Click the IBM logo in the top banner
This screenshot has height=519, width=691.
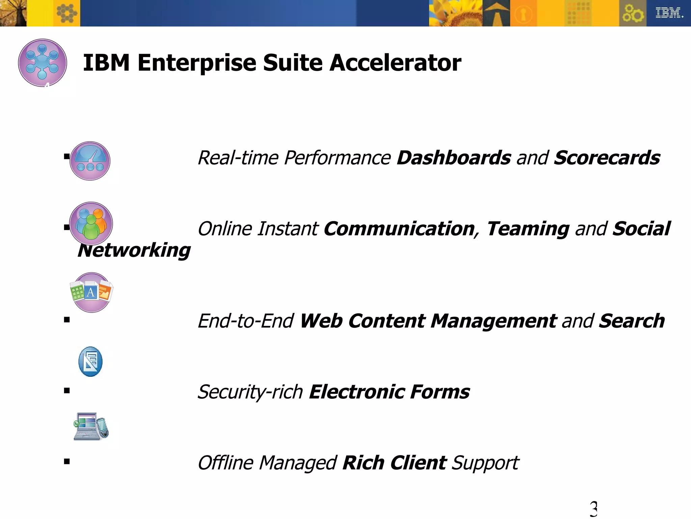669,13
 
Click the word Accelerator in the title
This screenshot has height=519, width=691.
395,63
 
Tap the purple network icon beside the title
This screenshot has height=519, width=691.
43,63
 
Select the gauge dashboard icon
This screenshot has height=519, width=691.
90,161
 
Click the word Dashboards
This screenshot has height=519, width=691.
454,158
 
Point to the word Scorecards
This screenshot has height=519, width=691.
607,158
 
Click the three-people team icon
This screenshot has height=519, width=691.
91,223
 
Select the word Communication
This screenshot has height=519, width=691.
399,229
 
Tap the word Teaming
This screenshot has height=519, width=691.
528,229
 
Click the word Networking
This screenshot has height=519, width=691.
134,250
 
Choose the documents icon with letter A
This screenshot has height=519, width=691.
91,292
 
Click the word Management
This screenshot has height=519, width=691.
494,321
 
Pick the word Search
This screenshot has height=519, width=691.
631,321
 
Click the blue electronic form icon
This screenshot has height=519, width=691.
90,362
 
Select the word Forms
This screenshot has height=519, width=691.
440,392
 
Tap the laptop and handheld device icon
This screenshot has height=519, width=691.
91,426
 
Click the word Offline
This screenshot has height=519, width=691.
226,463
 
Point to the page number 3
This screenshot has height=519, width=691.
593,509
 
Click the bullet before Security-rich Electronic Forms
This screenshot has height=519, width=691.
67,391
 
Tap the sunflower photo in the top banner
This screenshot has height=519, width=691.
455,13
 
